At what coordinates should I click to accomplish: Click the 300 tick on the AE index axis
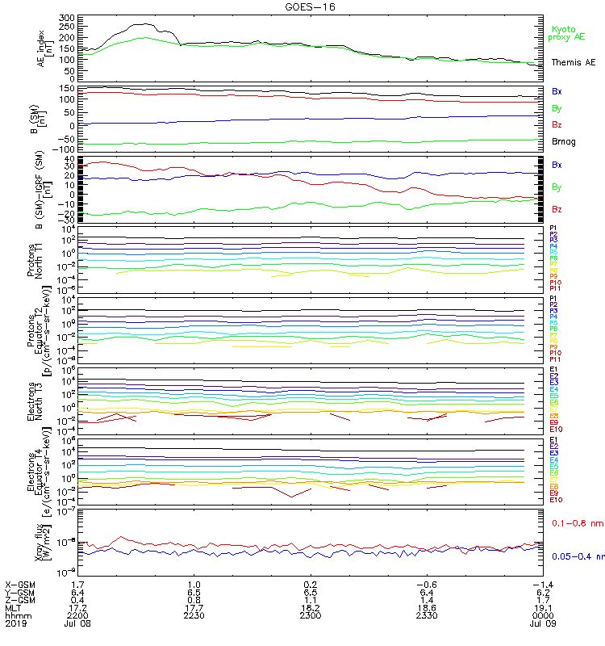pyautogui.click(x=67, y=17)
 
